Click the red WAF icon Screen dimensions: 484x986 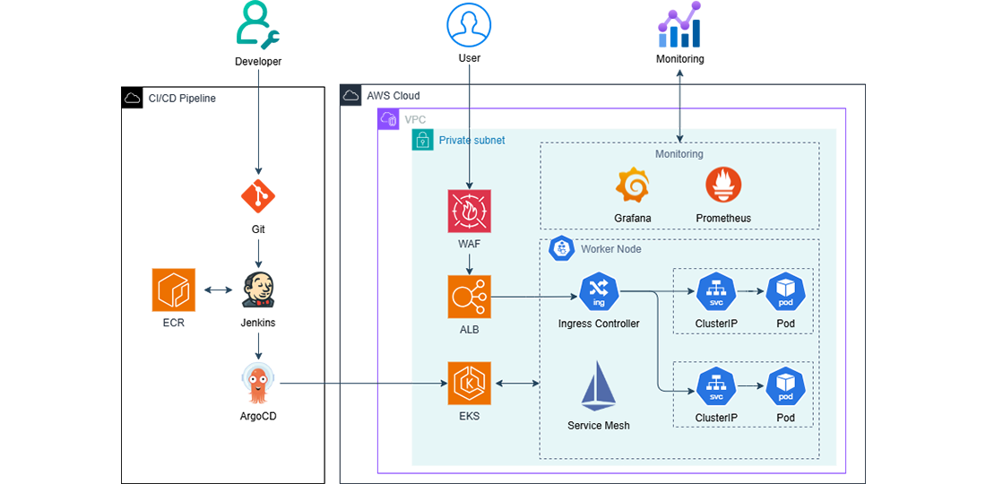pos(471,212)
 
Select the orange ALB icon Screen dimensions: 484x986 pos(471,296)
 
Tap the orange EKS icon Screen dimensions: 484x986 pos(471,383)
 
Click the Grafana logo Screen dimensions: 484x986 pos(633,186)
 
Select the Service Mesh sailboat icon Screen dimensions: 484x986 pos(598,387)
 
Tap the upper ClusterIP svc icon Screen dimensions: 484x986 pos(715,290)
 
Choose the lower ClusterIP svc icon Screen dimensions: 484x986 pos(715,387)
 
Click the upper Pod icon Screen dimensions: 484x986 pos(785,290)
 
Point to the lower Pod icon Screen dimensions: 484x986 pos(785,387)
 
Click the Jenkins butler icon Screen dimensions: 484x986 pos(258,290)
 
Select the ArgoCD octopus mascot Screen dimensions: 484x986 pos(258,385)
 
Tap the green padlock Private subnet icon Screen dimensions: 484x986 pos(421,140)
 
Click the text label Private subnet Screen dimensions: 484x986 pos(471,141)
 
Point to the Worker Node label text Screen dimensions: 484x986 pos(610,248)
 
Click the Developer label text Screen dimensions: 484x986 pos(258,62)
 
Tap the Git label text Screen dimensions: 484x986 pos(258,229)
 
